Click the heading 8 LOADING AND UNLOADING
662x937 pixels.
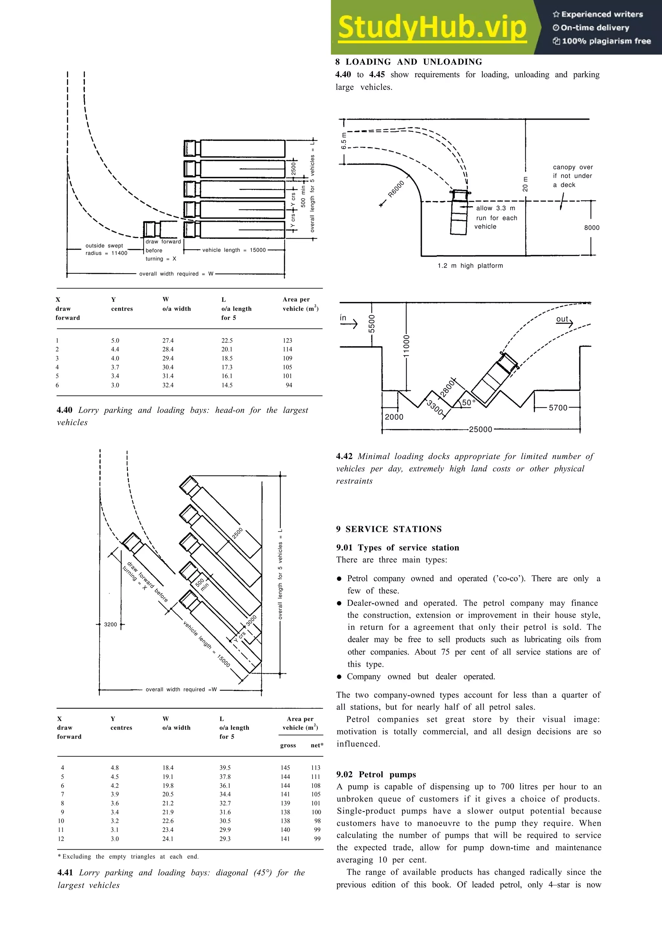coord(409,62)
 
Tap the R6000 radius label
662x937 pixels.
coord(396,189)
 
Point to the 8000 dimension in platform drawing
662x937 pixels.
coord(592,228)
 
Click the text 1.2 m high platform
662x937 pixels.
coord(470,266)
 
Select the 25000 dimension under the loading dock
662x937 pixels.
coord(480,429)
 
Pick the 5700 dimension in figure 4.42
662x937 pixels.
coord(558,408)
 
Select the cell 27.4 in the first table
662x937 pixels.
coord(168,340)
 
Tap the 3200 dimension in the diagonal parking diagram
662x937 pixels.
coord(110,624)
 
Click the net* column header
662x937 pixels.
coord(316,745)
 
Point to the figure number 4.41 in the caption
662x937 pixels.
coord(65,873)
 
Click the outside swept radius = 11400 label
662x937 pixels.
coord(106,249)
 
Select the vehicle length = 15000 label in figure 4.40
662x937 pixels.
coord(234,250)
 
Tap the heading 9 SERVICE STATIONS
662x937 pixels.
coord(389,529)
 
